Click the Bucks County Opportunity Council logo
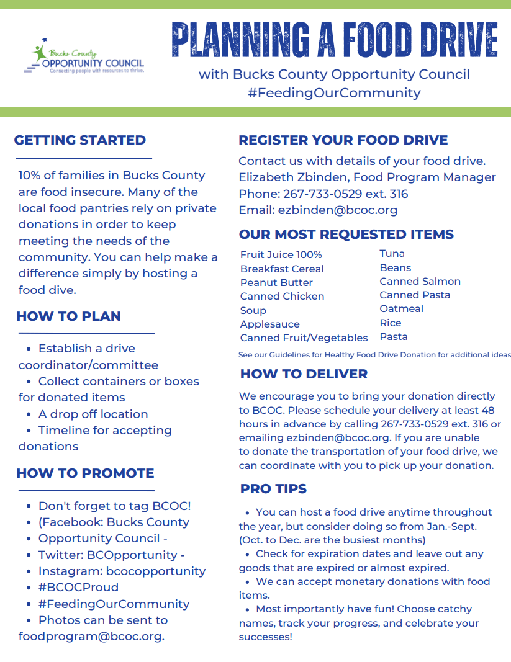83,57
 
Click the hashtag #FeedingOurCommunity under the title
334,93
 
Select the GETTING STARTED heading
80,140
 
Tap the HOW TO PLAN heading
68,316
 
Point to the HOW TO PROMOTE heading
85,473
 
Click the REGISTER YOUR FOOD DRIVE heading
343,140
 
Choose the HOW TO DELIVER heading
304,374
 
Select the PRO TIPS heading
273,489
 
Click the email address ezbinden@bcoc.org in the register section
338,210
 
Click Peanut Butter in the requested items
276,283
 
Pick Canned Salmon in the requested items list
420,282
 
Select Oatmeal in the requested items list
401,309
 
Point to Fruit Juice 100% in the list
281,255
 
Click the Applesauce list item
269,324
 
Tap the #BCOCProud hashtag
78,588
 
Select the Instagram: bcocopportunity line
122,571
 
